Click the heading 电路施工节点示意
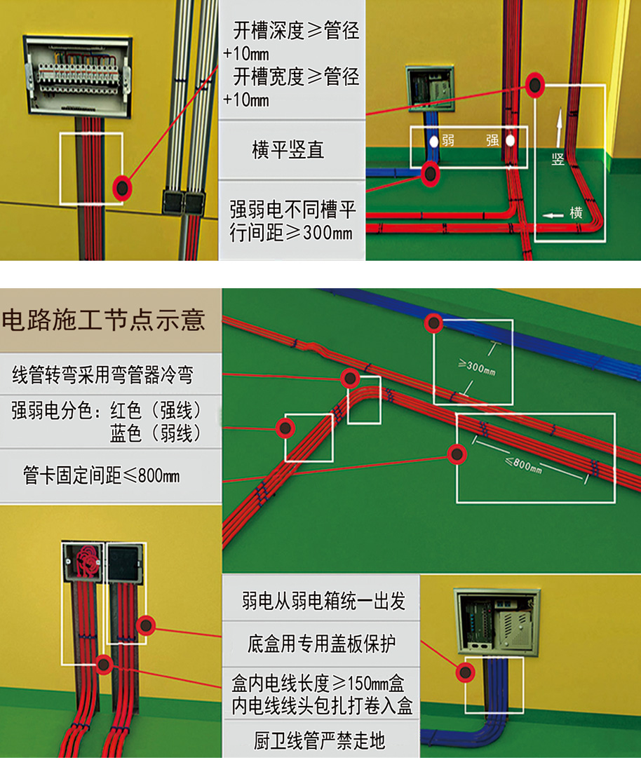tap(104, 320)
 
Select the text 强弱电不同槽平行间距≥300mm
tap(292, 221)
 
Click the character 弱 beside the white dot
tap(448, 141)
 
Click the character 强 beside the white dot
tap(492, 141)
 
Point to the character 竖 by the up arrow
tap(558, 158)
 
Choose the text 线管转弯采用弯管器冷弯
tap(102, 375)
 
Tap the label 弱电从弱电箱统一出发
tap(323, 601)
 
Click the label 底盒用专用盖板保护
tap(322, 643)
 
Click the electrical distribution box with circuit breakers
tap(78, 75)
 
